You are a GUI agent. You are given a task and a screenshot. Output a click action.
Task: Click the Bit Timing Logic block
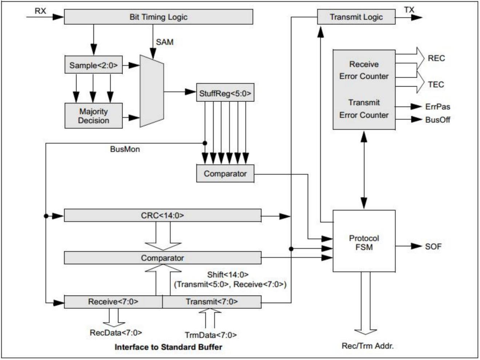(x=158, y=17)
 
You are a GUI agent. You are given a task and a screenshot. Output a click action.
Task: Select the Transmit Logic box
(x=356, y=17)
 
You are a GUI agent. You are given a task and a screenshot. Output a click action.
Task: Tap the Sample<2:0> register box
(x=93, y=65)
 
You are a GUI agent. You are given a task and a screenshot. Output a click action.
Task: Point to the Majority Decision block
(x=93, y=116)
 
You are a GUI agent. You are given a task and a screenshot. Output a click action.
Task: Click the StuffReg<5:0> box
(x=225, y=93)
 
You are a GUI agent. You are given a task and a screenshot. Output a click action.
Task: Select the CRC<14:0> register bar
(x=163, y=215)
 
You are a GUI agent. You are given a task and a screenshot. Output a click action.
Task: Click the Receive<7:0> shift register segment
(x=113, y=302)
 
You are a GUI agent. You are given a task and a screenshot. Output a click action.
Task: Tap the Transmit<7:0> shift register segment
(x=212, y=302)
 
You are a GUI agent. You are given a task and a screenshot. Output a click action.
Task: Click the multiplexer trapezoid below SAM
(x=152, y=92)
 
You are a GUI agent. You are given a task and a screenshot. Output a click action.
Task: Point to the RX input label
(x=40, y=11)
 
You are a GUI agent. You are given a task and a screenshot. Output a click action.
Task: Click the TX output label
(x=409, y=10)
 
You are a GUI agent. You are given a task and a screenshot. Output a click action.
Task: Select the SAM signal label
(x=165, y=42)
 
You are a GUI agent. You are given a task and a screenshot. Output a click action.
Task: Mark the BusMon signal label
(x=125, y=149)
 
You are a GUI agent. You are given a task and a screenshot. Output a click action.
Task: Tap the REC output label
(x=436, y=58)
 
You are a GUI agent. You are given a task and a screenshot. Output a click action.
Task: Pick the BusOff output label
(x=437, y=120)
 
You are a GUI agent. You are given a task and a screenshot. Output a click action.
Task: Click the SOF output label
(x=433, y=247)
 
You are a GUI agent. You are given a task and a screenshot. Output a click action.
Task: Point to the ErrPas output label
(x=437, y=107)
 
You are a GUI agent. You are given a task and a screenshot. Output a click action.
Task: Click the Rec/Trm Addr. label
(x=368, y=346)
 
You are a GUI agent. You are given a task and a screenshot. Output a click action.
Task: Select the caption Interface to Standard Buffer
(x=168, y=347)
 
